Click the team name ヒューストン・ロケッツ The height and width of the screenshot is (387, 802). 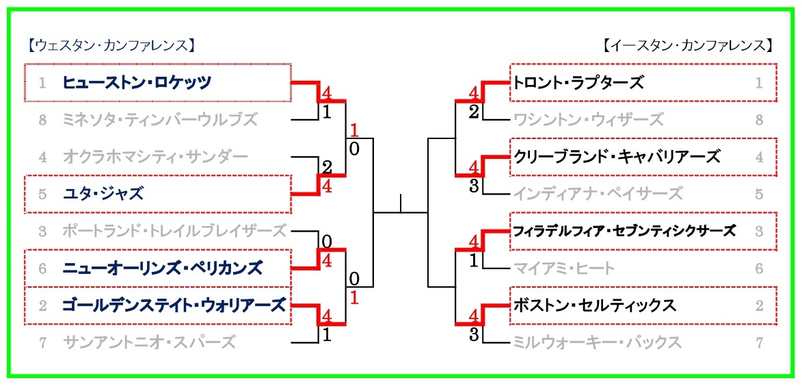coord(137,83)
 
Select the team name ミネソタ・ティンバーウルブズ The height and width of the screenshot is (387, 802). coord(159,120)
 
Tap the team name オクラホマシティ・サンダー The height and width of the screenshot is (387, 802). coord(155,157)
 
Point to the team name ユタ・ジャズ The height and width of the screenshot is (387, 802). coord(103,194)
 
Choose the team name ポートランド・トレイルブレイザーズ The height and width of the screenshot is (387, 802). coord(174,231)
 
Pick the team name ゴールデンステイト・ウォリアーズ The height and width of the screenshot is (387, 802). coord(174,305)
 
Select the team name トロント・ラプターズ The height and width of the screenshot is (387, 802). coord(578,83)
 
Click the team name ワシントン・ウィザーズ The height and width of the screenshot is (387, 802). coord(588,120)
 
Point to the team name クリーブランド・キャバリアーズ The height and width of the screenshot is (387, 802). coord(617,157)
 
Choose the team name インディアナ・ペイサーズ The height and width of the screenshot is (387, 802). coord(598,194)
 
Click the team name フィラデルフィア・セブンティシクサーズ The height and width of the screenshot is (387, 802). coord(624,231)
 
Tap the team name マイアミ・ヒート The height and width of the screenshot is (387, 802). coord(564,268)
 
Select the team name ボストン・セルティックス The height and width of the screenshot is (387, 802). coord(595,305)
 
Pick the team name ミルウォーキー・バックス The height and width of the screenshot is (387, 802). coord(598,342)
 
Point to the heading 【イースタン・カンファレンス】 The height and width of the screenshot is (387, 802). coord(689,46)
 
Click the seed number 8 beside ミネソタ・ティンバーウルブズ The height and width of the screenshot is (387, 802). coord(42,120)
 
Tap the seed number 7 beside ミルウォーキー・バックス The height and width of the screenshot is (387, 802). coord(759,342)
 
